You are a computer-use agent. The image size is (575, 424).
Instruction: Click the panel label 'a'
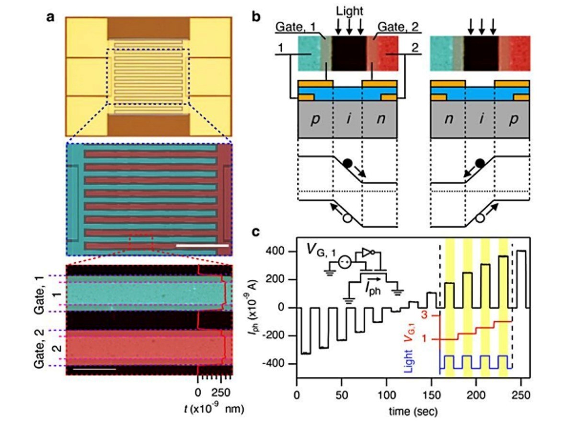(51, 18)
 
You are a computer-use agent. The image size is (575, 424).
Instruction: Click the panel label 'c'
(256, 232)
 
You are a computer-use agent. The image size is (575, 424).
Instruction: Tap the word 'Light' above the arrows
(350, 11)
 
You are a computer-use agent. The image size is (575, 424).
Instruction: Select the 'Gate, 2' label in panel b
(398, 27)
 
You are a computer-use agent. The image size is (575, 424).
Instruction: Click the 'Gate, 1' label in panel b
(295, 27)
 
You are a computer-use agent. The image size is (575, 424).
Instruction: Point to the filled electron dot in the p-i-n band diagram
(347, 163)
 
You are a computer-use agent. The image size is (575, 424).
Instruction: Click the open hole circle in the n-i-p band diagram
(480, 218)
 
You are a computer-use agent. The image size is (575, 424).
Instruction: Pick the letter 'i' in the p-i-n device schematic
(349, 119)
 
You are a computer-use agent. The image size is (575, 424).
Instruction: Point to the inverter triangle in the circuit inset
(367, 252)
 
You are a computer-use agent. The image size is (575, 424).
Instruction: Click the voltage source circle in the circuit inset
(345, 262)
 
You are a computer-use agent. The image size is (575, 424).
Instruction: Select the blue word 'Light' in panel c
(408, 361)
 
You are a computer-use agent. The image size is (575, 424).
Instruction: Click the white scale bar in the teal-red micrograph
(202, 245)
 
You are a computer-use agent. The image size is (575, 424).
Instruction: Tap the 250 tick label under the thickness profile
(221, 393)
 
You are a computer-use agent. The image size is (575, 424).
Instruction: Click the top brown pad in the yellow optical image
(149, 29)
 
